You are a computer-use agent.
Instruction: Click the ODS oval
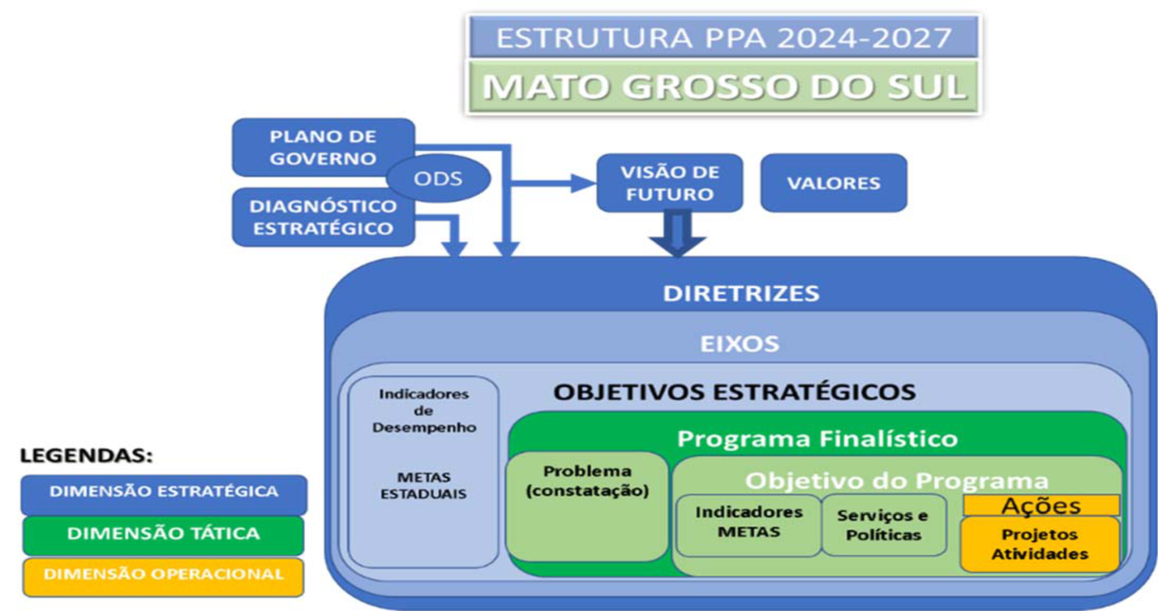point(438,179)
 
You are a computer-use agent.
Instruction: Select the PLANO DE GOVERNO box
point(323,147)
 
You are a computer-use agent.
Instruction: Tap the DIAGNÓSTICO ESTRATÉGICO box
point(323,217)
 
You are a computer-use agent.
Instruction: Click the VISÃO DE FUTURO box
point(669,183)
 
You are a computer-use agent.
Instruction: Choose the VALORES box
point(834,183)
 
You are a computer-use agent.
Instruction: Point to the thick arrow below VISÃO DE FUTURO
point(677,233)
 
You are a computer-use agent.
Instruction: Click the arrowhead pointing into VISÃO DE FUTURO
point(584,183)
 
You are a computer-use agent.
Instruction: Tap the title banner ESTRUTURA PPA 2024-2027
point(723,37)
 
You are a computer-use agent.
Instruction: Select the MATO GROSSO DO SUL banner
point(723,86)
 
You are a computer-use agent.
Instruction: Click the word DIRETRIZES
point(741,293)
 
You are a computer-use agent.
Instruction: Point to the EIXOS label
point(739,344)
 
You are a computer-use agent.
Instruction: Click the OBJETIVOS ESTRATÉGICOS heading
point(735,392)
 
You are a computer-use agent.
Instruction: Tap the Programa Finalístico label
point(817,438)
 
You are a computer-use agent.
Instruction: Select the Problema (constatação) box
point(587,507)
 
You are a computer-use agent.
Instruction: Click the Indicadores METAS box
point(748,525)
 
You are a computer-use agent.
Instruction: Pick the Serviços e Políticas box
point(884,525)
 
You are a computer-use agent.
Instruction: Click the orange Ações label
point(1041,505)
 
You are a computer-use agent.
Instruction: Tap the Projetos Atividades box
point(1040,544)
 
